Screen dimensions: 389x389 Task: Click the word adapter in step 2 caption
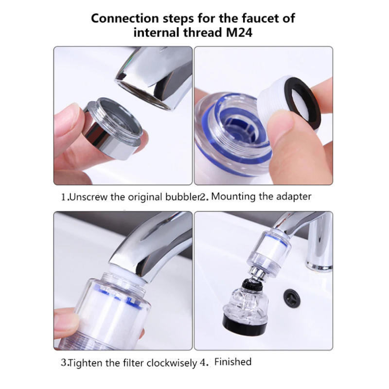tap(294, 197)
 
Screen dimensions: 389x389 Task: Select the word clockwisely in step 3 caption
tap(167, 362)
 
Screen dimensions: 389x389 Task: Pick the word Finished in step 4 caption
tap(233, 362)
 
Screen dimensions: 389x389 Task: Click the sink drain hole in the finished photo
tap(292, 295)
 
